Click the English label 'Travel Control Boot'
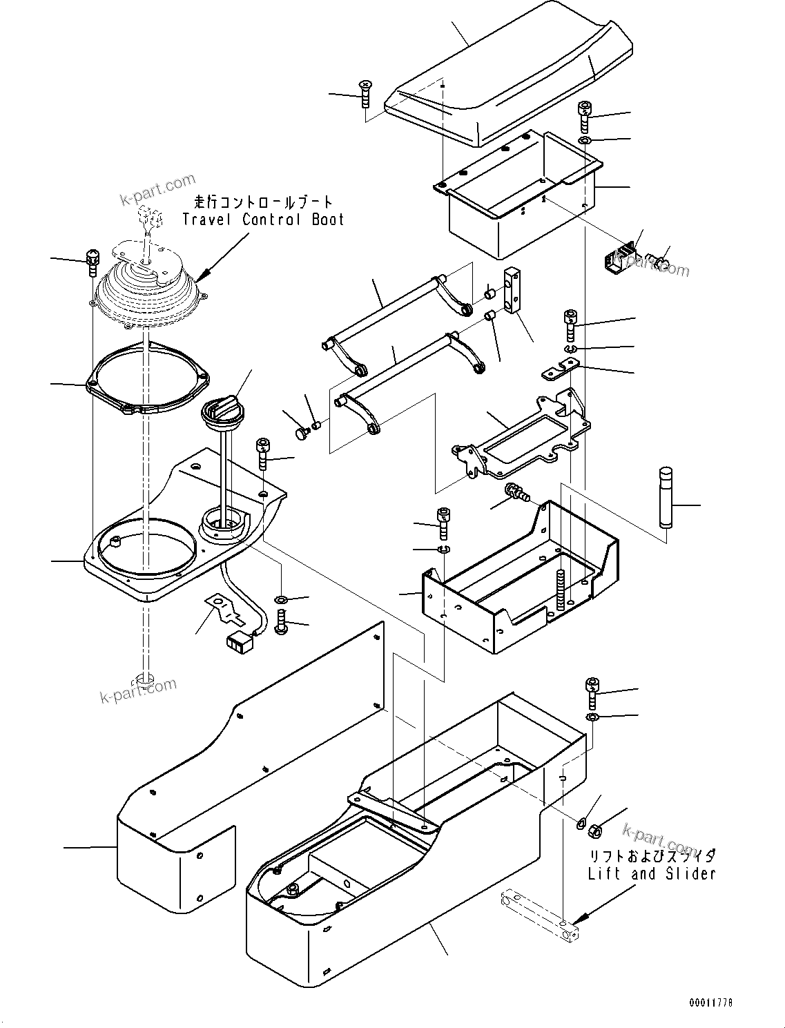click(x=263, y=220)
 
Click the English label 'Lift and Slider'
click(x=651, y=873)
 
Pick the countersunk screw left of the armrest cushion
click(x=365, y=93)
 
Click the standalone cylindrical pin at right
click(x=666, y=497)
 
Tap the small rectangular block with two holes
click(x=513, y=290)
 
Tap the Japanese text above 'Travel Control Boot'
click(x=263, y=202)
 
